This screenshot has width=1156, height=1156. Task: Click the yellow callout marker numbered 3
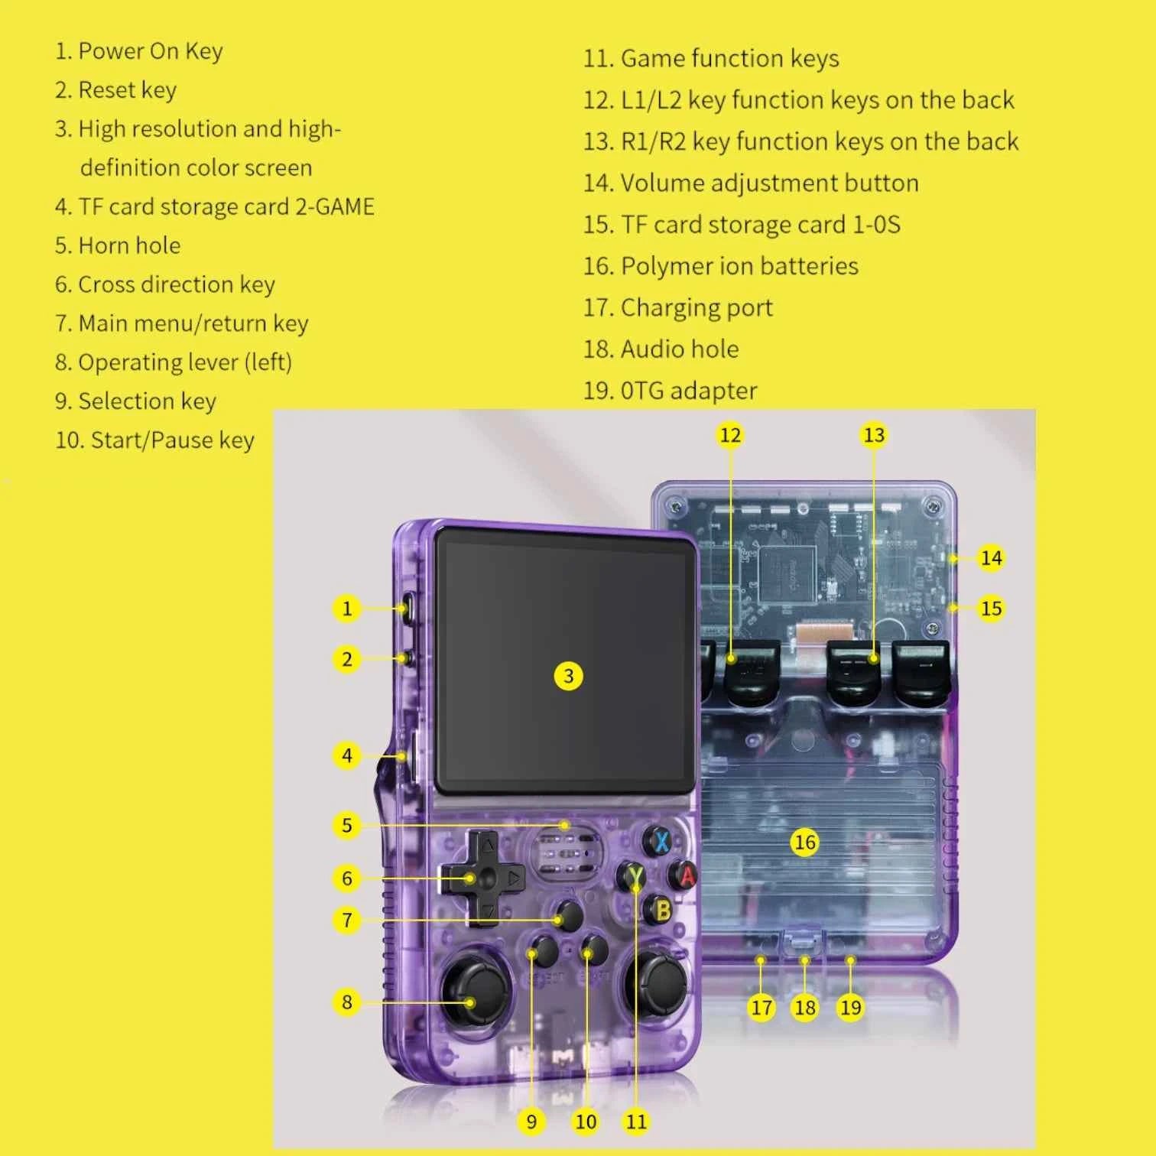pyautogui.click(x=568, y=676)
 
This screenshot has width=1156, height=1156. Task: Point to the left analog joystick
pyautogui.click(x=476, y=992)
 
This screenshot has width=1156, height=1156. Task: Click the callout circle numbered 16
pyautogui.click(x=804, y=843)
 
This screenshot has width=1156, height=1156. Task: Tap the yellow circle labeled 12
pyautogui.click(x=730, y=435)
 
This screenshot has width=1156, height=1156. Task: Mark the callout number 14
pyautogui.click(x=991, y=558)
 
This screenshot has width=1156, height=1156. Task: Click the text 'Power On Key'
pyautogui.click(x=151, y=51)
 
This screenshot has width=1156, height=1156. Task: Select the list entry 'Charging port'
pyautogui.click(x=697, y=307)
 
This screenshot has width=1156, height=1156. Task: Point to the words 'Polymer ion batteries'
pyautogui.click(x=739, y=266)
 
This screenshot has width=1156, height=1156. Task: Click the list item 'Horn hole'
pyautogui.click(x=129, y=245)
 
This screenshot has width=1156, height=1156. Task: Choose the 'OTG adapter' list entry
pyautogui.click(x=688, y=391)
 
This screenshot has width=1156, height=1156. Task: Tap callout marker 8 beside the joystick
pyautogui.click(x=346, y=1002)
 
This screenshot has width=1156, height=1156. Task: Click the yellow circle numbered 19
pyautogui.click(x=850, y=1008)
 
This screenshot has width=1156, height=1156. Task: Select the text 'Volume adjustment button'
pyautogui.click(x=769, y=183)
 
